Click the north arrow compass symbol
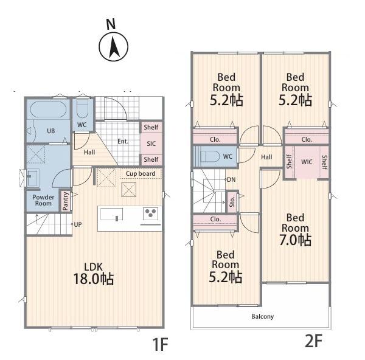pos(113,46)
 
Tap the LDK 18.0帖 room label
pos(94,274)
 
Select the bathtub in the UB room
pos(49,109)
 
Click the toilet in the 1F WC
pos(82,109)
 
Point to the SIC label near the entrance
pos(151,144)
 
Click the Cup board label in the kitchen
pos(141,173)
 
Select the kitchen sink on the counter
pos(111,214)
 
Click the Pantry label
pos(66,201)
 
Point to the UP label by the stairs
pos(78,224)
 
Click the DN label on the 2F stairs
pos(231,179)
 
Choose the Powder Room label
pos(43,200)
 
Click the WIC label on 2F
pos(307,162)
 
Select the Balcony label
pos(263,316)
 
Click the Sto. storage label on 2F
pos(232,202)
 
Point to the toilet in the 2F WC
pos(210,156)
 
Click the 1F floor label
pos(160,344)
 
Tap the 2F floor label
pos(313,341)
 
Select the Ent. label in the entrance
pos(123,141)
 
